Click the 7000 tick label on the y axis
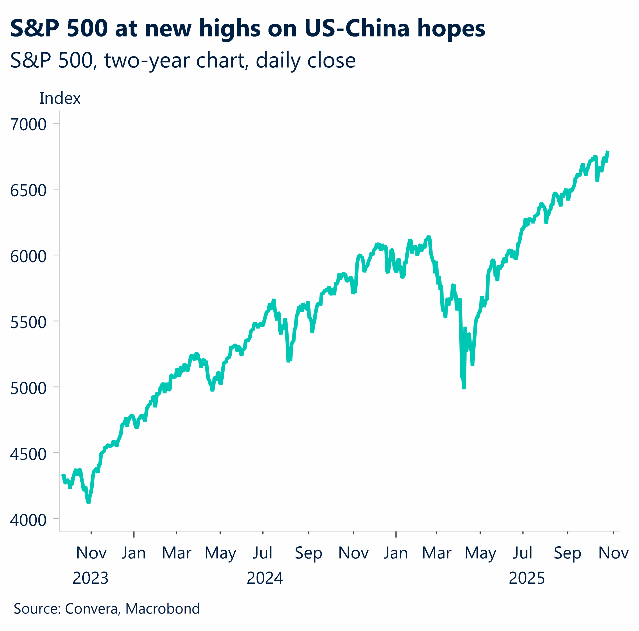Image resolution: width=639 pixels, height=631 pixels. (28, 125)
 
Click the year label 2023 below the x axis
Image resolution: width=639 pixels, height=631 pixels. (90, 578)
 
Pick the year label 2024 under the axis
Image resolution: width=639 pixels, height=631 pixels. (265, 578)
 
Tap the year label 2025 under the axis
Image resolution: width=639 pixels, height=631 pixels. (526, 578)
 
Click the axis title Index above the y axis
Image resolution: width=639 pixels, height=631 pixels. (60, 98)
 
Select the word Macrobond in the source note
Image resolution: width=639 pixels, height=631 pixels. (162, 609)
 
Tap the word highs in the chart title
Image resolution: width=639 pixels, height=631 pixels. (230, 28)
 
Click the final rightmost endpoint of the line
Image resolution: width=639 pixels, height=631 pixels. (608, 152)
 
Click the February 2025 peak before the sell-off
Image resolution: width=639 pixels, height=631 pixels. (429, 237)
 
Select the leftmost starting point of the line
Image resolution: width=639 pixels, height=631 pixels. (62, 475)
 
